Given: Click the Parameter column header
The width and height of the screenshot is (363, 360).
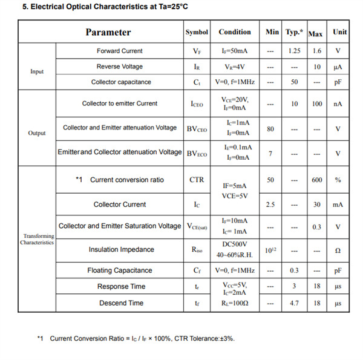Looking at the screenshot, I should [108, 32].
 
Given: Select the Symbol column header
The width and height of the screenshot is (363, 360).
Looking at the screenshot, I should [197, 32].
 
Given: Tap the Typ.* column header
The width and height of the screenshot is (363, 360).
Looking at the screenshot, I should [295, 31].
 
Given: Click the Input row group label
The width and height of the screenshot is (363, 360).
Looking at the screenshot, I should [37, 71].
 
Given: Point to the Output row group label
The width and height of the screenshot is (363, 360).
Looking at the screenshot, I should [37, 133].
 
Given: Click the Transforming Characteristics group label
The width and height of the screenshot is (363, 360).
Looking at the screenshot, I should [37, 239].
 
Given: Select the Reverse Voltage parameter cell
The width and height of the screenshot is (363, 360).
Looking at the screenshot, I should [120, 67].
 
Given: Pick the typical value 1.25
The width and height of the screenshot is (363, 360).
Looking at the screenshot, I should [295, 51].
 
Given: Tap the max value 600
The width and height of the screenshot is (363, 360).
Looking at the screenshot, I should [316, 180].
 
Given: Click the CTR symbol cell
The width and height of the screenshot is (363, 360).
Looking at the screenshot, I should [197, 180].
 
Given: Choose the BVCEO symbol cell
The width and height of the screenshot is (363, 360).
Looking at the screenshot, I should [197, 128].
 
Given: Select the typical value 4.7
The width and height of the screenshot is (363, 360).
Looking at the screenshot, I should [295, 303].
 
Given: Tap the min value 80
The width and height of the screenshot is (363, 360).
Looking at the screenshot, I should [270, 128].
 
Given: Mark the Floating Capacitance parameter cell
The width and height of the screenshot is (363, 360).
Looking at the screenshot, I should [120, 270].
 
